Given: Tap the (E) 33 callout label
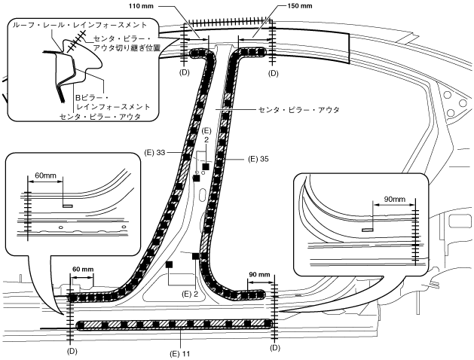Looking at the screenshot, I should coord(154,152).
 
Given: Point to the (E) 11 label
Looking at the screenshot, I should coord(179,352).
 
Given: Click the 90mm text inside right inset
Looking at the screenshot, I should coord(393,200).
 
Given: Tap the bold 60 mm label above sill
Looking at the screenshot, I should coord(84,267).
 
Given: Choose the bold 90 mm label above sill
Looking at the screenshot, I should coord(258,274).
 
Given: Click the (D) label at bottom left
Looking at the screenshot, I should coord(72,351).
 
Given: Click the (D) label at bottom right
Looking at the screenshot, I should coord(274,348).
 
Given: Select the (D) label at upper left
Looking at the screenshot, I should coord(184,74).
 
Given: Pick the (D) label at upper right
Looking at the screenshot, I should coord(273,74).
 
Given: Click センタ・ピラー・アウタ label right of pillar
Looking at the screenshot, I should coord(299,110).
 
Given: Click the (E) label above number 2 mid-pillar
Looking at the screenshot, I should coord(205,131).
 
